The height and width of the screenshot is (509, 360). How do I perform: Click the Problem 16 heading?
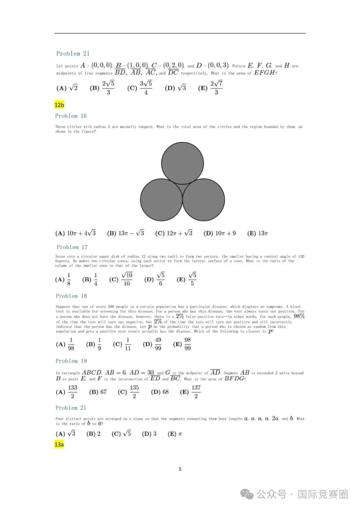pos(71,116)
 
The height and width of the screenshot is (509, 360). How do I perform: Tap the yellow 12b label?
pos(59,105)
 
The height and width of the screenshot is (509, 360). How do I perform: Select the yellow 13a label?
pos(59,444)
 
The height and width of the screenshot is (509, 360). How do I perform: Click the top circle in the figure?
pos(182,163)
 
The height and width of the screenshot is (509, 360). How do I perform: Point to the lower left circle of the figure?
pos(161,200)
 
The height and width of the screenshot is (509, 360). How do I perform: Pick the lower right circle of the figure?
pos(204,200)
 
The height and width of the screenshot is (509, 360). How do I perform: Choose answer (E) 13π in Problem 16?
pos(257,233)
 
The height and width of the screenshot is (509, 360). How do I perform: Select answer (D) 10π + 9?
pos(219,233)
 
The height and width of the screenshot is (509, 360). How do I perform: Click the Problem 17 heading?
pos(72,247)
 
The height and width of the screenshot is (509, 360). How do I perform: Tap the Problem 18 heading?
pos(71,296)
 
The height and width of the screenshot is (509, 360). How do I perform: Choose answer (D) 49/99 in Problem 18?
pos(152,344)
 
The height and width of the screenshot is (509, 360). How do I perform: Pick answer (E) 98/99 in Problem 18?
pos(182,344)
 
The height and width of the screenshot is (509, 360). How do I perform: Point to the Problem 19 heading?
pos(71,361)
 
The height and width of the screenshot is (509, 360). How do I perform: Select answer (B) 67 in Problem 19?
pos(98,392)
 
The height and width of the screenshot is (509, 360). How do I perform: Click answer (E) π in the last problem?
pos(175,434)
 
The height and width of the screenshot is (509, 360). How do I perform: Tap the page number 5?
pos(180,469)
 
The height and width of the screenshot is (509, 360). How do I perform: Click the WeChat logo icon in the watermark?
pos(247,494)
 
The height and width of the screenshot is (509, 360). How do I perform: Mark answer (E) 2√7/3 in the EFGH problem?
pos(210,88)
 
